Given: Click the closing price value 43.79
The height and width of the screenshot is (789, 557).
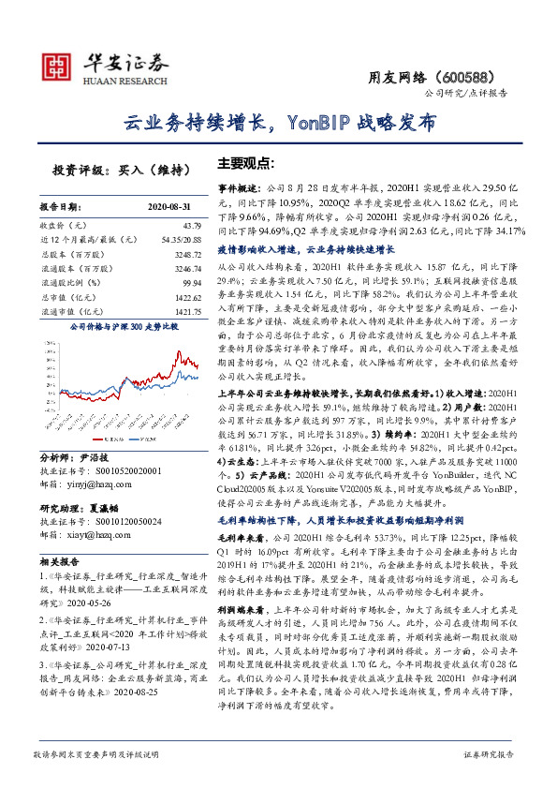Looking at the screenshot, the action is pos(192,227).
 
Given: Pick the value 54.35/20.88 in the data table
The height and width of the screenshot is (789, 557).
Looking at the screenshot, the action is pos(182,240).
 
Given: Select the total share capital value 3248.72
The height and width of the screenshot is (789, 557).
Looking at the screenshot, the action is pos(187,253).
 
